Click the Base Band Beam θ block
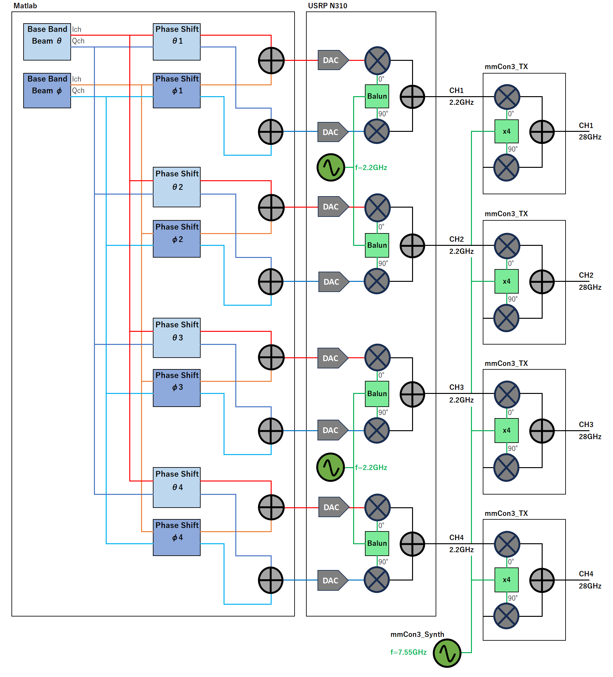point(47,42)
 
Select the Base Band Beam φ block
point(47,90)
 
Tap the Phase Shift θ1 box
point(176,42)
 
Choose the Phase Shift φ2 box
point(176,239)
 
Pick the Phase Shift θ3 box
point(176,338)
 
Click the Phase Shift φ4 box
point(176,537)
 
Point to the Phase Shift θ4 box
point(176,487)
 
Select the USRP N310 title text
point(327,6)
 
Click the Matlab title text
point(25,6)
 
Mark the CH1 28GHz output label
point(589,131)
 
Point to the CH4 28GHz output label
point(589,580)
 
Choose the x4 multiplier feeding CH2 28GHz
point(506,281)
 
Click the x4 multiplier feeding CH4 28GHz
point(506,580)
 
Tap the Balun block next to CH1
point(376,96)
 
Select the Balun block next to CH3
point(376,394)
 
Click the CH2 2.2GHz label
point(461,245)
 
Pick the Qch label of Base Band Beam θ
point(78,41)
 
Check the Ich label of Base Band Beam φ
point(76,79)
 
